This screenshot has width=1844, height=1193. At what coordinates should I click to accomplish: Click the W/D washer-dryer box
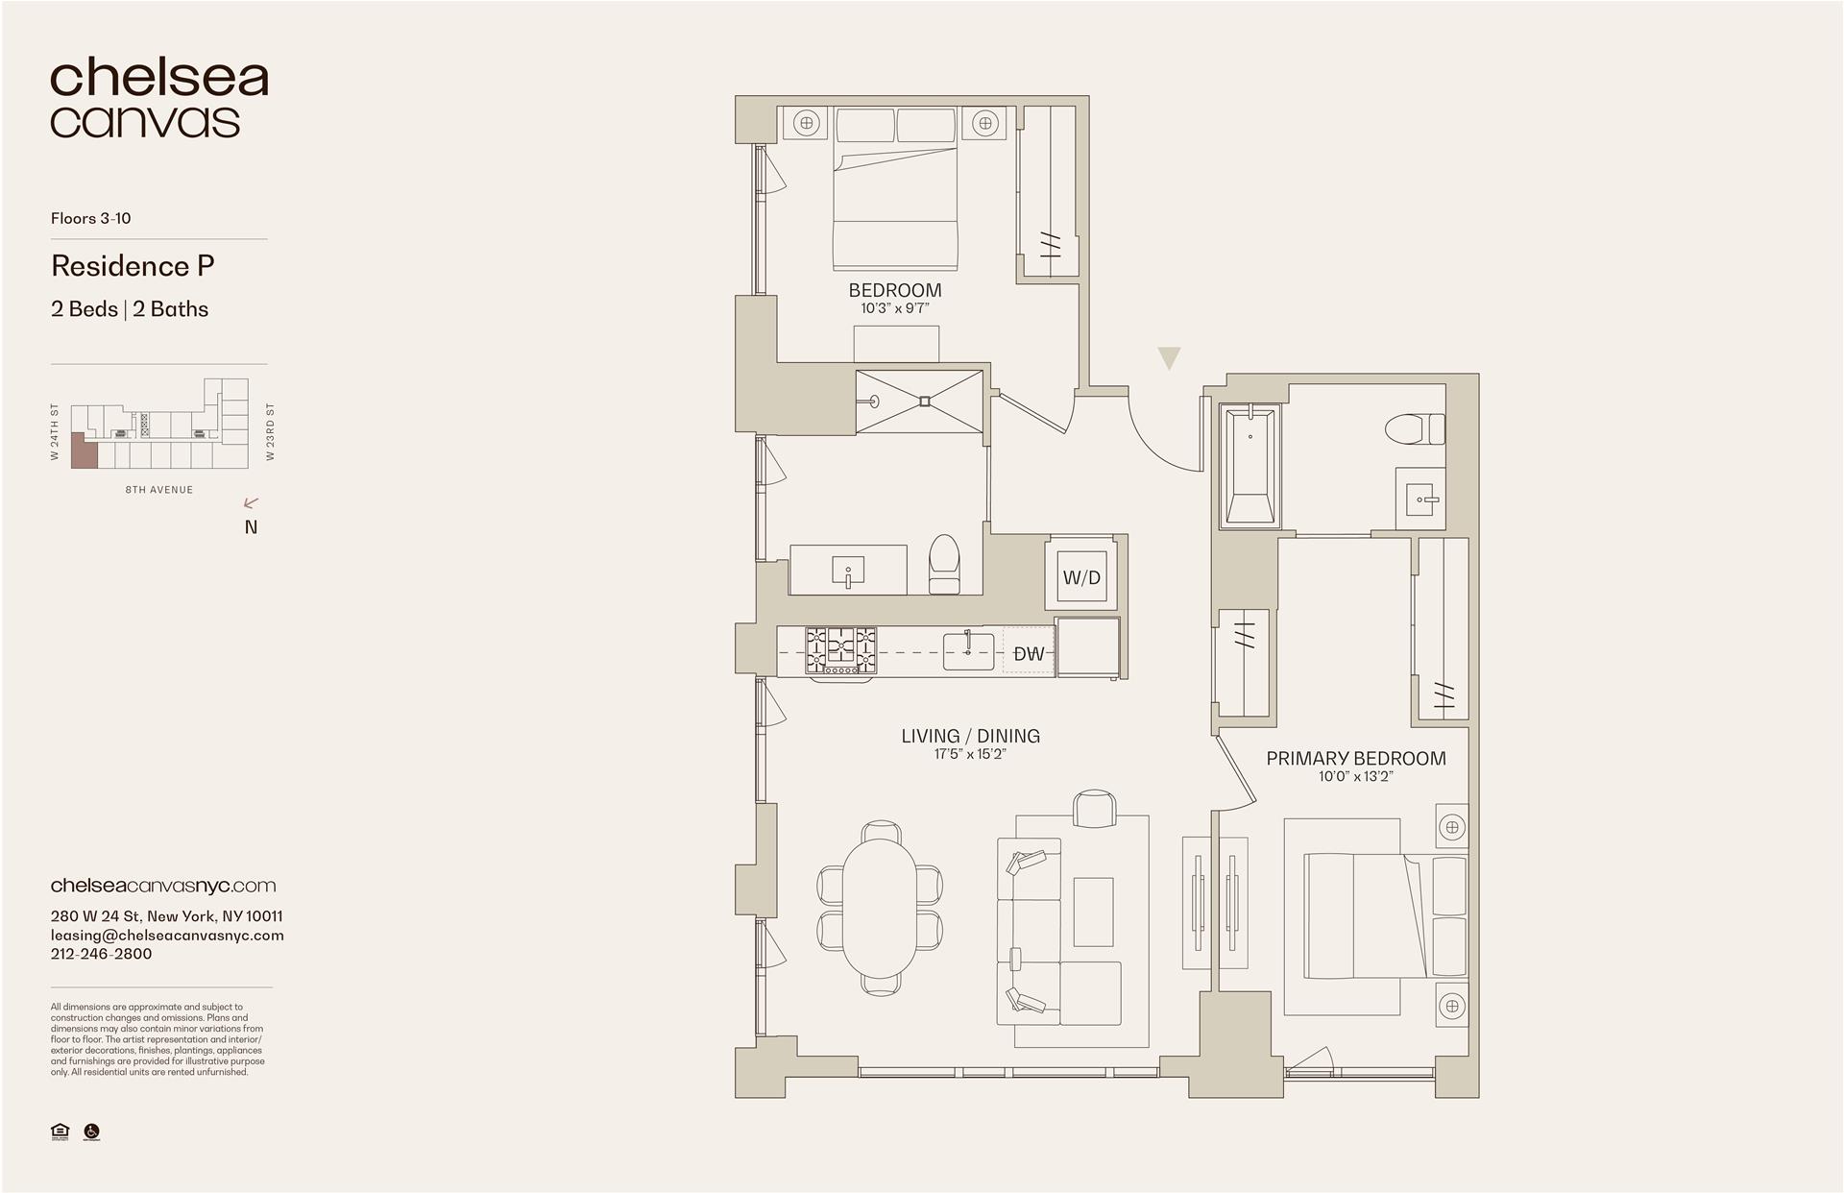pos(1081,577)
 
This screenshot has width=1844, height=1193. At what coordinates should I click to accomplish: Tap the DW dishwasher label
pos(1029,654)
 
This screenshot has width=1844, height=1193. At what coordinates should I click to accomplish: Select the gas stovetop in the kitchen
pos(840,650)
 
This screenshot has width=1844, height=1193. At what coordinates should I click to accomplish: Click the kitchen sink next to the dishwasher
pos(967,651)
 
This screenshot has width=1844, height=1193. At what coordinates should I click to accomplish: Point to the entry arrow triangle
pos(1168,358)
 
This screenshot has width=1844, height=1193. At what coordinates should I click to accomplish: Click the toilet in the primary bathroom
pos(1416,428)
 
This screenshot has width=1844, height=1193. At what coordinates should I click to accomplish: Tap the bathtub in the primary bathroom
pos(1250,466)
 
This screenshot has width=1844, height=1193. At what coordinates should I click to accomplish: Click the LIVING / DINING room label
pos(970,736)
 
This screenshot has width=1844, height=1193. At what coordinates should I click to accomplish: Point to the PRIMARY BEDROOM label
pos(1355,758)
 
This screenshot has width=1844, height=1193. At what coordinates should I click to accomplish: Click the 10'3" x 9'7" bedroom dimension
pos(894,308)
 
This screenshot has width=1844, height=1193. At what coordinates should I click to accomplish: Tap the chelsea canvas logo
pos(158,99)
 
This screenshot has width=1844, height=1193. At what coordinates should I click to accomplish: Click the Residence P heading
pos(133,266)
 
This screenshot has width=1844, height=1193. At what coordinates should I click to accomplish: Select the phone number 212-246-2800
pos(101,954)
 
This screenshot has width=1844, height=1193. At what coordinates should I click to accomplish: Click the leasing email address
pos(167,935)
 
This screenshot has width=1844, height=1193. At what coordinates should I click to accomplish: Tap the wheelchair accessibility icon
pos(92,1132)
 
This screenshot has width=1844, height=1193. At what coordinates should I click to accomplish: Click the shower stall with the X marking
pos(920,401)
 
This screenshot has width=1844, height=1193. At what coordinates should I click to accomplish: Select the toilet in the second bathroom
pos(944,564)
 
